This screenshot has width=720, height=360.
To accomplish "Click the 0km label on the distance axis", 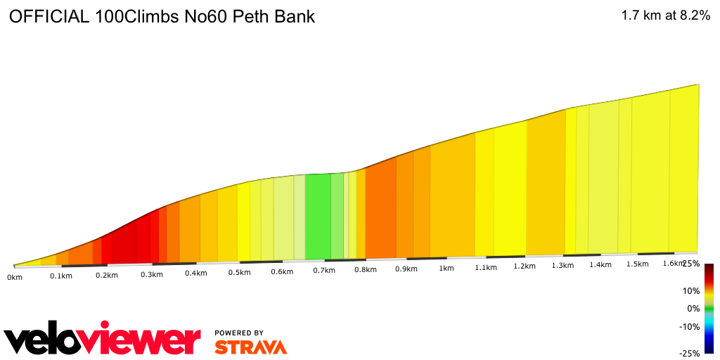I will click(15, 277).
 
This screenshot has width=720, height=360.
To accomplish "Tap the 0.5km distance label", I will click(240, 273).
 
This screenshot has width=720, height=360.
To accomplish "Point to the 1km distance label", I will click(446, 269).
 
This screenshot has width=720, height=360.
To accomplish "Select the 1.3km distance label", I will click(562, 265).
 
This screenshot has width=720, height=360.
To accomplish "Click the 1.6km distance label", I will click(673, 264).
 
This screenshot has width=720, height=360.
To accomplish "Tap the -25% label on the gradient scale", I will click(690, 353).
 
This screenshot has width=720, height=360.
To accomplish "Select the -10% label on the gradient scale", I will click(690, 326).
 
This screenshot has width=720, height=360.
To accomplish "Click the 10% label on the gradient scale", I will click(691, 290).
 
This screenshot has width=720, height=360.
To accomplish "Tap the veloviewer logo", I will click(103, 340).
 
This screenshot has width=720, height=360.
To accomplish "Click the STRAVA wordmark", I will click(250, 347).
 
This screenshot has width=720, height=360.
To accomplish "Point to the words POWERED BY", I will click(239, 333).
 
